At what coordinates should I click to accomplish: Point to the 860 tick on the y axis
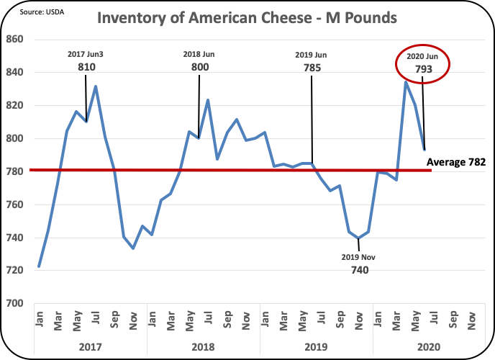[16, 39]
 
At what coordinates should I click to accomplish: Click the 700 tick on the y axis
[16, 303]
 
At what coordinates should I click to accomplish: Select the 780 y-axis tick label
[16, 171]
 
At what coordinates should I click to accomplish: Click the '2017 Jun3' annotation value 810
[86, 67]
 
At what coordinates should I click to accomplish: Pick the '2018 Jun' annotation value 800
[198, 67]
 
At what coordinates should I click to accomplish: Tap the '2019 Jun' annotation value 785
[311, 67]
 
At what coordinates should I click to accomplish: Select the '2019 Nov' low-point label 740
[359, 270]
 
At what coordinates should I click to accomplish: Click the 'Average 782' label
[456, 163]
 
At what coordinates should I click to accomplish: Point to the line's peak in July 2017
[96, 86]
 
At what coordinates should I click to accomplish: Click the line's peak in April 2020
[406, 82]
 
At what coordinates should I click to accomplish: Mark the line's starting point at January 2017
[39, 266]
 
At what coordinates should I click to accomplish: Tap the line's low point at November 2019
[358, 238]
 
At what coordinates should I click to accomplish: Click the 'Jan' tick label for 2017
[39, 318]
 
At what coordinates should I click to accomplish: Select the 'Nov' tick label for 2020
[471, 318]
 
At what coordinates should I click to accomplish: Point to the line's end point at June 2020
[424, 149]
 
